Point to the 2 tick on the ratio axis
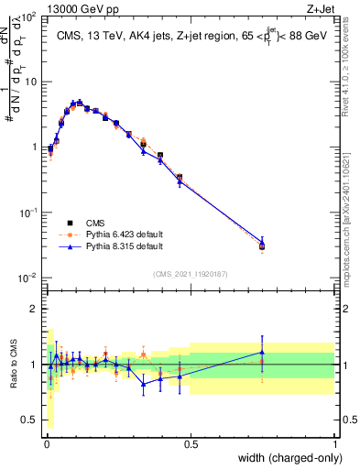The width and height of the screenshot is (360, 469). pyautogui.click(x=33, y=309)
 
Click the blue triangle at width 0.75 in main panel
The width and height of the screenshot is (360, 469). pyautogui.click(x=262, y=242)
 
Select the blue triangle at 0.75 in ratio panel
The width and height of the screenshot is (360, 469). pyautogui.click(x=262, y=352)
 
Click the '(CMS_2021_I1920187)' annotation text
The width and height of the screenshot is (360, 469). pyautogui.click(x=190, y=273)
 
